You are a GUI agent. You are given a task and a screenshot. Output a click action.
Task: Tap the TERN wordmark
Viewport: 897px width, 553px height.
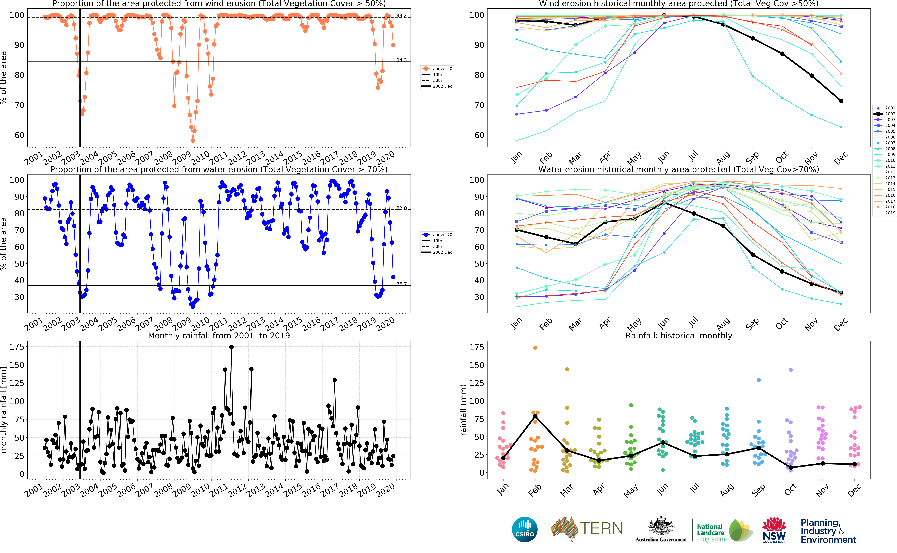click(x=601, y=528)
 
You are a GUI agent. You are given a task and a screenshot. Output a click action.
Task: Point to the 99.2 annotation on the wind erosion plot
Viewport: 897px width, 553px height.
click(x=401, y=15)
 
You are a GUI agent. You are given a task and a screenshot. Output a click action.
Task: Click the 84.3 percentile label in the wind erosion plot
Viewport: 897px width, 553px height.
click(x=401, y=60)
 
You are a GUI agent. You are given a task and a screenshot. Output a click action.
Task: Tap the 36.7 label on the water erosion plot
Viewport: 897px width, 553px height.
click(x=401, y=284)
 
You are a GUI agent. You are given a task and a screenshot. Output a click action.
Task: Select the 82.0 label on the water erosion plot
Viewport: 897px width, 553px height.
click(x=401, y=208)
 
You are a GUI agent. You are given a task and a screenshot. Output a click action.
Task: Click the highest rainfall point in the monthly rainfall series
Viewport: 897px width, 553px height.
click(x=231, y=347)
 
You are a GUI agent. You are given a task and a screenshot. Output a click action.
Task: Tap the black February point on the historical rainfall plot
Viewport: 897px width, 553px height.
click(x=535, y=416)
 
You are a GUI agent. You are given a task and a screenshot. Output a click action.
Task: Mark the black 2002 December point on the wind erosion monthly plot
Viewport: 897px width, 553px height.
click(x=841, y=101)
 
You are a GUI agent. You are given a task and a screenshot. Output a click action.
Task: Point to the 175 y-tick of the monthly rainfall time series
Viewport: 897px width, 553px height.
click(x=17, y=347)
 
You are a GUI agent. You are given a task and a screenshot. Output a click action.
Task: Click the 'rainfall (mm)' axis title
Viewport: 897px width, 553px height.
click(x=463, y=410)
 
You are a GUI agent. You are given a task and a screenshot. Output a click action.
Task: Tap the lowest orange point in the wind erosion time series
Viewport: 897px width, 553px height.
click(x=193, y=140)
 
